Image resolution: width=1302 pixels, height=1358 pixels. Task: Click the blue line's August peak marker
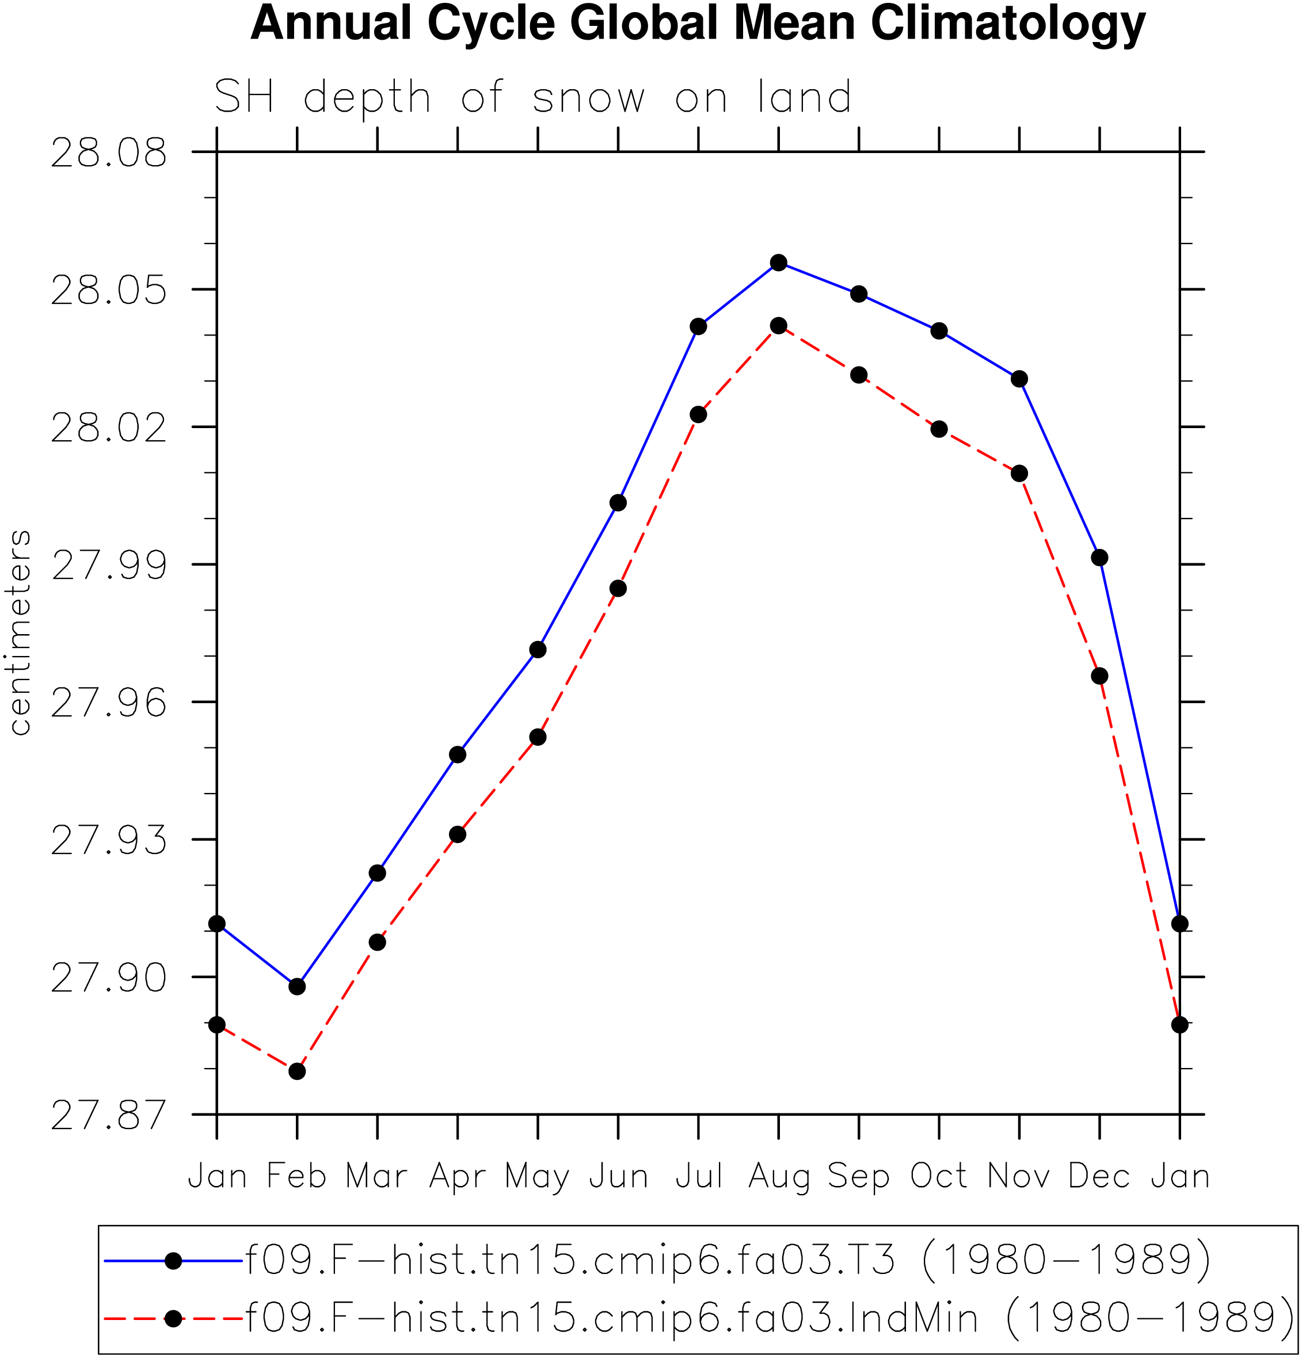pyautogui.click(x=778, y=262)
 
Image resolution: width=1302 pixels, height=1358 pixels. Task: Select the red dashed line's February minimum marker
pyautogui.click(x=296, y=1071)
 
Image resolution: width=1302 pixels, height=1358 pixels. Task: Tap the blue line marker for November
pyautogui.click(x=1019, y=379)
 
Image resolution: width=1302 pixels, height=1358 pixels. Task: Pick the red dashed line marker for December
pyautogui.click(x=1099, y=676)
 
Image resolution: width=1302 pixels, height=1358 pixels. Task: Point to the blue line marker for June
pyautogui.click(x=618, y=502)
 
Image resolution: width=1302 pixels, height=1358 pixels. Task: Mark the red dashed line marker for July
pyautogui.click(x=698, y=414)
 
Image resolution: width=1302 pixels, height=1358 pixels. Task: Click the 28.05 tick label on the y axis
pyautogui.click(x=109, y=289)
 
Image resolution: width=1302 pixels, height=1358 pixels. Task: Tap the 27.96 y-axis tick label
pyautogui.click(x=109, y=703)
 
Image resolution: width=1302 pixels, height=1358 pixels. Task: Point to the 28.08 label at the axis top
pyautogui.click(x=109, y=152)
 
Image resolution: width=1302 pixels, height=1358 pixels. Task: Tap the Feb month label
pyautogui.click(x=296, y=1175)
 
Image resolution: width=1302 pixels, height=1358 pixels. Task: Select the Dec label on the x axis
pyautogui.click(x=1099, y=1175)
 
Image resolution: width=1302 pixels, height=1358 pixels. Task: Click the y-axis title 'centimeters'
pyautogui.click(x=20, y=632)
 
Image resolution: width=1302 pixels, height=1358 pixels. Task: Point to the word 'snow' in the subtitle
pyautogui.click(x=588, y=98)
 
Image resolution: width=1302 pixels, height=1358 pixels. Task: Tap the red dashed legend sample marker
pyautogui.click(x=174, y=1318)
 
